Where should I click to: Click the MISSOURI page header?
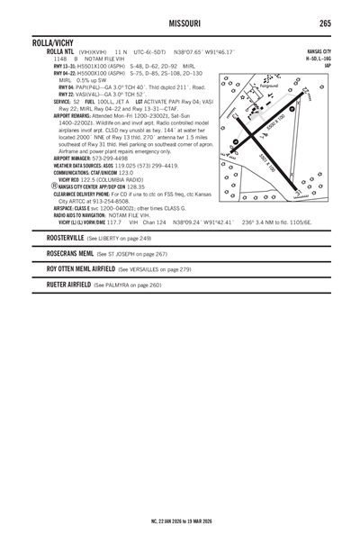tap(180, 23)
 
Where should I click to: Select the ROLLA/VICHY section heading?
tap(56, 42)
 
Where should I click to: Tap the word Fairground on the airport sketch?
tap(270, 86)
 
